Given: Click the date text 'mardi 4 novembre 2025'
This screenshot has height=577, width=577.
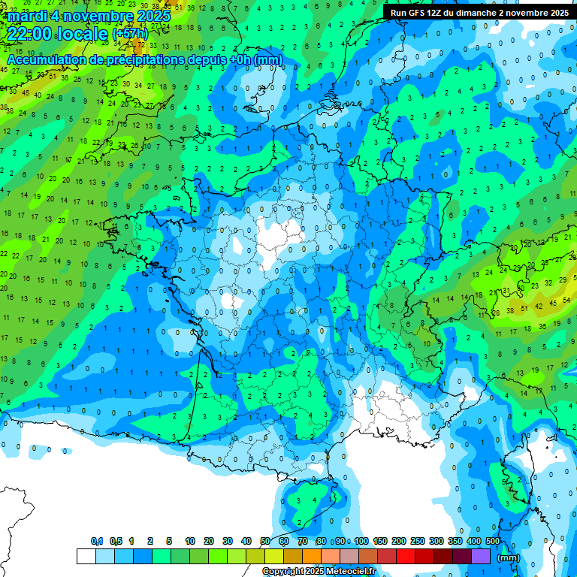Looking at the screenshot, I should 89,15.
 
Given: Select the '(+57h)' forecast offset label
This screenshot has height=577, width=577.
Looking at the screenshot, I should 130,34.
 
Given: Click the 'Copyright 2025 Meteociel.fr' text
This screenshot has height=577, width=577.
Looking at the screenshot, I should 319,571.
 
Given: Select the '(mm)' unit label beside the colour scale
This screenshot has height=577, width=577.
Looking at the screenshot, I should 509,557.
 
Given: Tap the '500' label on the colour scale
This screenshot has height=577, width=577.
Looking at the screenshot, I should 493,541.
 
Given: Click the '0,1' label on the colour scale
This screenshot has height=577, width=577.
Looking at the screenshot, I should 97,541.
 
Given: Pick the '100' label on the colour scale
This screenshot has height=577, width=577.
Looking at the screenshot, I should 361,541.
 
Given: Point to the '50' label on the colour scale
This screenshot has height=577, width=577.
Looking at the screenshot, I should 265,541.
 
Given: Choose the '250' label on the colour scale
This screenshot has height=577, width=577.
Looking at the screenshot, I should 418,541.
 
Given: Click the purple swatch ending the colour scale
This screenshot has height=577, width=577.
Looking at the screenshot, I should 481,556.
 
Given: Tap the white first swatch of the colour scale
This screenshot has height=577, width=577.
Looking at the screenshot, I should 86,556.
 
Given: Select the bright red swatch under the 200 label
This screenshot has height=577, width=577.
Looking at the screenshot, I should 406,556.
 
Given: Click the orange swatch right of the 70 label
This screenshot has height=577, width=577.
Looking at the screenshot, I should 311,556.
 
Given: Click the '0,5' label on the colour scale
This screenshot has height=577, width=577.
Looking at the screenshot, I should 116,541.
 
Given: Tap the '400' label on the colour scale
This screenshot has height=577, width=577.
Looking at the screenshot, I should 474,541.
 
